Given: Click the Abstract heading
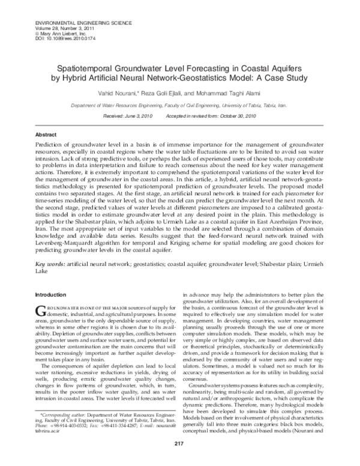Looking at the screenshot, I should [x=46, y=135].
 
